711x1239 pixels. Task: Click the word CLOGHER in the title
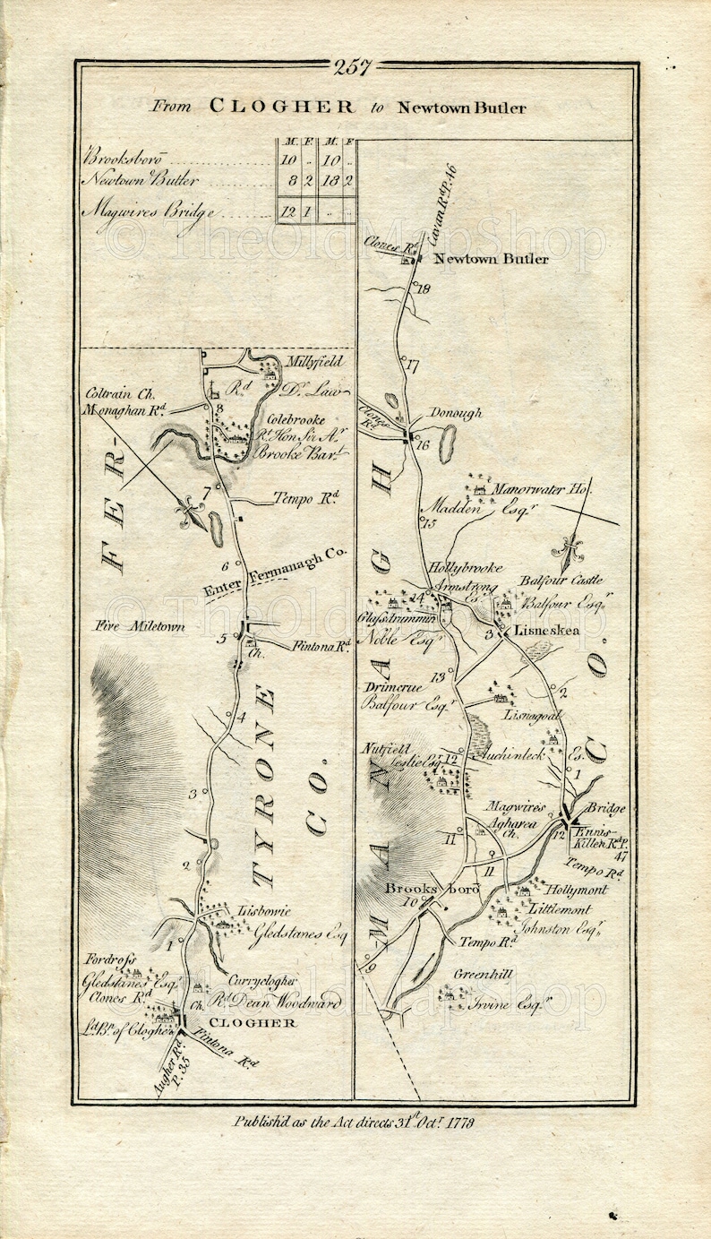click(x=281, y=107)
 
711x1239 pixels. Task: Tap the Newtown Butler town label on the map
click(x=490, y=259)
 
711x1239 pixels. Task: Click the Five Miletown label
click(x=137, y=626)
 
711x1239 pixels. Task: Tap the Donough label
click(x=455, y=413)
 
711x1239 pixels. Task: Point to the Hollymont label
click(x=574, y=890)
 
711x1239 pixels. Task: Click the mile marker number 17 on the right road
click(x=412, y=366)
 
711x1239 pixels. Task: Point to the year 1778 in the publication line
click(x=458, y=1122)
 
